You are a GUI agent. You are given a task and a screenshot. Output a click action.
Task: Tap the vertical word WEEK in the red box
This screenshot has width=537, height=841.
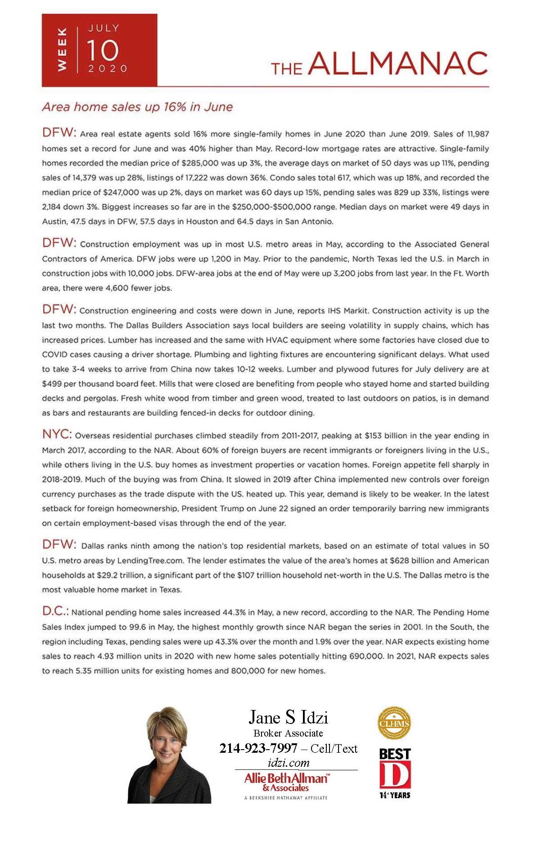[62, 50]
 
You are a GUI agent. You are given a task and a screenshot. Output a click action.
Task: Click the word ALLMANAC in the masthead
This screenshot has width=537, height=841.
[398, 63]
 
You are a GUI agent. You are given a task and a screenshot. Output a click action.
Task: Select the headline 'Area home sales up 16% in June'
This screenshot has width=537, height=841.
[137, 107]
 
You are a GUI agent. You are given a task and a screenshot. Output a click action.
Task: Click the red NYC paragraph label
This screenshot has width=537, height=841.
[57, 434]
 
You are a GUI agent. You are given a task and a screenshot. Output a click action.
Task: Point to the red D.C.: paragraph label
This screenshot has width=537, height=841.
[55, 611]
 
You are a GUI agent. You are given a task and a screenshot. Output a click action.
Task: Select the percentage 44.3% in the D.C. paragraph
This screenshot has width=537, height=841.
[234, 612]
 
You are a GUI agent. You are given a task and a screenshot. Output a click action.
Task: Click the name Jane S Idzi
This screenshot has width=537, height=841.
[288, 717]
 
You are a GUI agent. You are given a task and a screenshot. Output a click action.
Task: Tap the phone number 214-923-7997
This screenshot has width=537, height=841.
[258, 748]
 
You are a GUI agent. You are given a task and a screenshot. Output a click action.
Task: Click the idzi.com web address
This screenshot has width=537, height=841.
[288, 763]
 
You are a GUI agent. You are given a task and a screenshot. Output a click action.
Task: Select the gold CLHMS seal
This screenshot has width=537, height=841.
[394, 723]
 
